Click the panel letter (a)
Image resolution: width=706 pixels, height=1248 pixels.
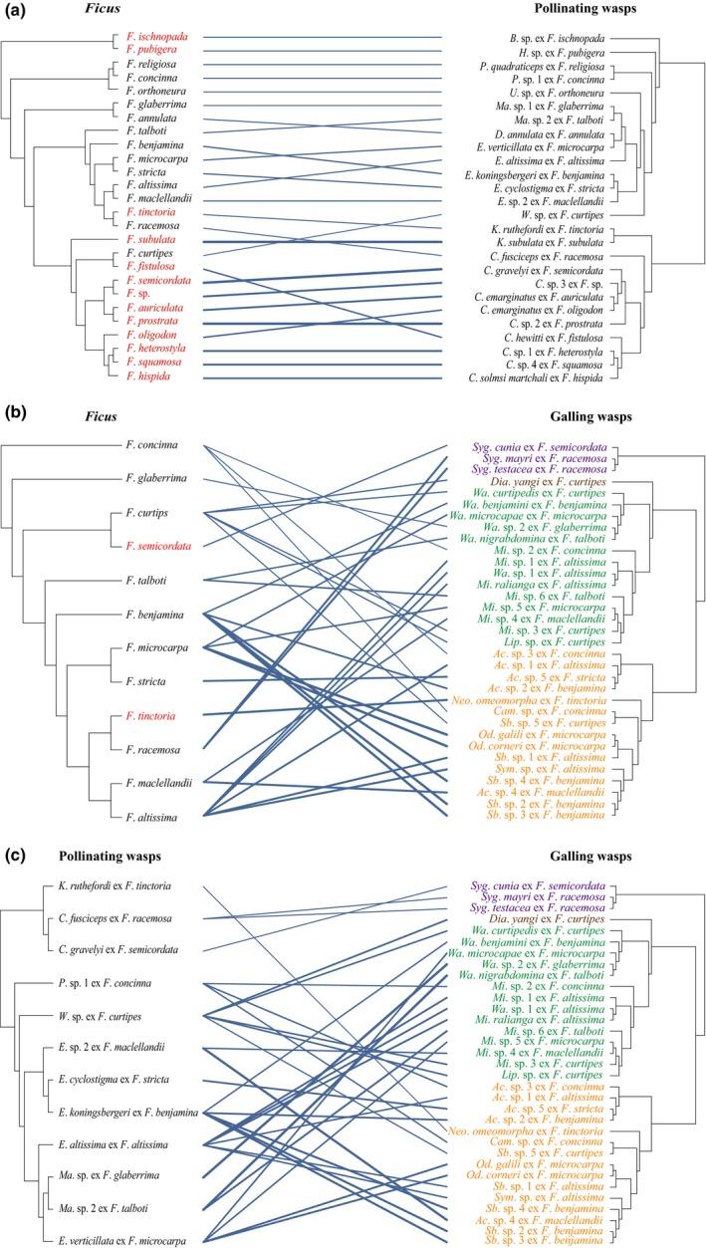click(x=15, y=11)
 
